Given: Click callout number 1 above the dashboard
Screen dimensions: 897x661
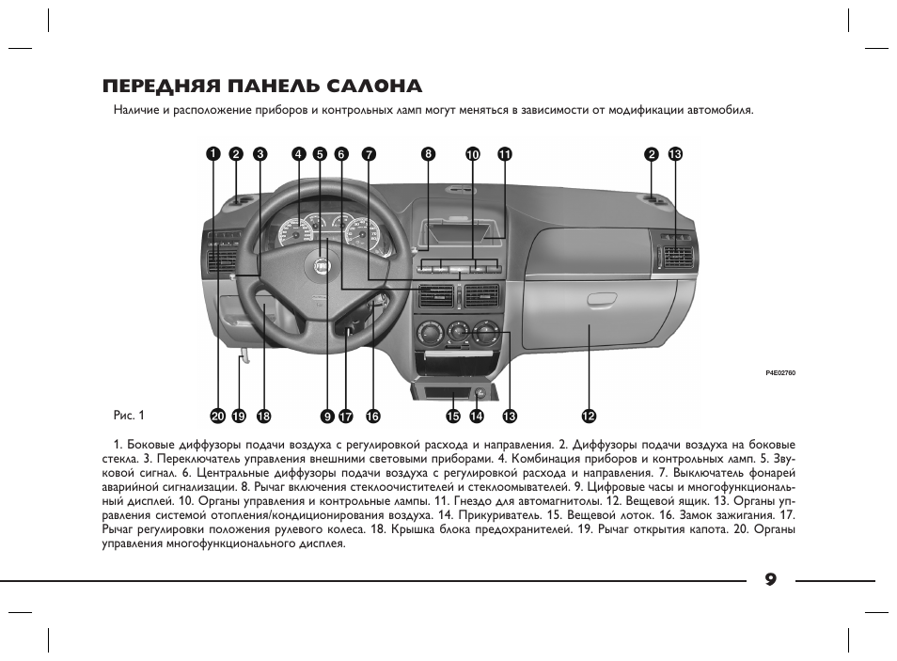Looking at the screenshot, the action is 212,153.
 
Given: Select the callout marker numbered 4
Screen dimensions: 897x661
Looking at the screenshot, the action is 299,153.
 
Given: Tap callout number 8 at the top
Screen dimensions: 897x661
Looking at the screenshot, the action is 428,153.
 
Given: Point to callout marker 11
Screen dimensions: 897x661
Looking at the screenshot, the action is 505,153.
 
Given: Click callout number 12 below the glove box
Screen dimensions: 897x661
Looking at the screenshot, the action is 588,416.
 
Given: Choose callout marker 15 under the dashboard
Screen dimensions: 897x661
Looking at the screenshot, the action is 453,416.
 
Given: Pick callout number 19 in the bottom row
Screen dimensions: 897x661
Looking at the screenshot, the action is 239,416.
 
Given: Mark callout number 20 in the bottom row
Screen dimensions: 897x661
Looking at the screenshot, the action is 218,416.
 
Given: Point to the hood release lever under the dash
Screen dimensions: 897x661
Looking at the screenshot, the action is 244,357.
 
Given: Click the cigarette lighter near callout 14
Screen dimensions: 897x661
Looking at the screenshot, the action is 480,393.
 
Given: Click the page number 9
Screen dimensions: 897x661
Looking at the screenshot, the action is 771,580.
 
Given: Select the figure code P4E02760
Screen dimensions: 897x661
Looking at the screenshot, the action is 780,373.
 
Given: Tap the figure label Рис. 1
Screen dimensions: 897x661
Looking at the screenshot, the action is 129,415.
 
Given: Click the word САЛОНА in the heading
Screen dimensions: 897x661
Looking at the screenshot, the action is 375,86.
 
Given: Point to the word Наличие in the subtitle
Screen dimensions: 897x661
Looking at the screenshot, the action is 135,109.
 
